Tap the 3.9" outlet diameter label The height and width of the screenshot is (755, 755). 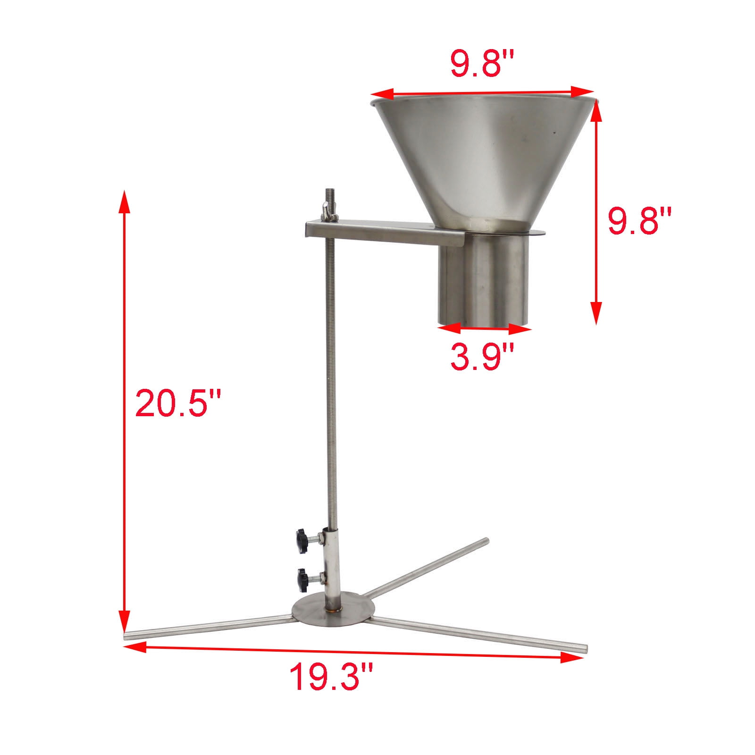tap(481, 357)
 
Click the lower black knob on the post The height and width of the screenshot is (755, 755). tap(301, 578)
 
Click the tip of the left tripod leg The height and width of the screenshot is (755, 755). tap(127, 636)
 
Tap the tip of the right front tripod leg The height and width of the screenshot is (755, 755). tap(584, 649)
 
